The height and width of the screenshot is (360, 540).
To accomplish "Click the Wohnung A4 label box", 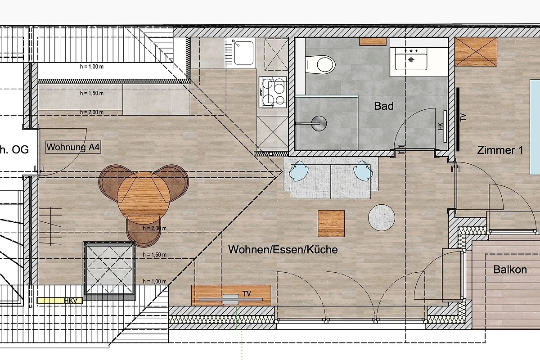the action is [x=73, y=147].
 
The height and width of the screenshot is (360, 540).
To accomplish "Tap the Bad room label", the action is [x=384, y=106].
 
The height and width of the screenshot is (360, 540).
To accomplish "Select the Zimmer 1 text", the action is [x=500, y=150].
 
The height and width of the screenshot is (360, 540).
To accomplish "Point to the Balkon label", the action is [x=510, y=270].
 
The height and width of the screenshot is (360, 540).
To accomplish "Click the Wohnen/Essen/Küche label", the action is [x=283, y=250].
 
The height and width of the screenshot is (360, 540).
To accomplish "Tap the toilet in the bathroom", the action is [x=320, y=65].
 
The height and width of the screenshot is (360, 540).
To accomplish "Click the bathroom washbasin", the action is [x=411, y=59].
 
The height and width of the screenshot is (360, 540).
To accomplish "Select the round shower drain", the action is [x=319, y=123].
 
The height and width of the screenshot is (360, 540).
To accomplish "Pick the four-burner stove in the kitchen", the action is [x=273, y=92].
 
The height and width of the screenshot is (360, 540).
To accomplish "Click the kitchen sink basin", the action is [x=244, y=53].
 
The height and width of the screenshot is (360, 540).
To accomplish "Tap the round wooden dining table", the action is [x=144, y=198].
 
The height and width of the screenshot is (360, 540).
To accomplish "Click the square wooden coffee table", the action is [x=331, y=224].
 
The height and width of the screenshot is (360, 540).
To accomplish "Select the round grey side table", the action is [x=382, y=218].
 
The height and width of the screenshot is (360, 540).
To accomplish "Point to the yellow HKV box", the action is [x=59, y=301].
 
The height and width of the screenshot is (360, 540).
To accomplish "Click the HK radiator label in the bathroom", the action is [x=440, y=126].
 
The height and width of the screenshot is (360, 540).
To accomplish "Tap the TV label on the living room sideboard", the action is [x=247, y=294].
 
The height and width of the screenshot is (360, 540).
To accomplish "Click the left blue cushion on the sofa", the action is [x=299, y=171].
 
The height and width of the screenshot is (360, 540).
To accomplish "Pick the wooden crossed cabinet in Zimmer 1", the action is [x=476, y=52].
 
